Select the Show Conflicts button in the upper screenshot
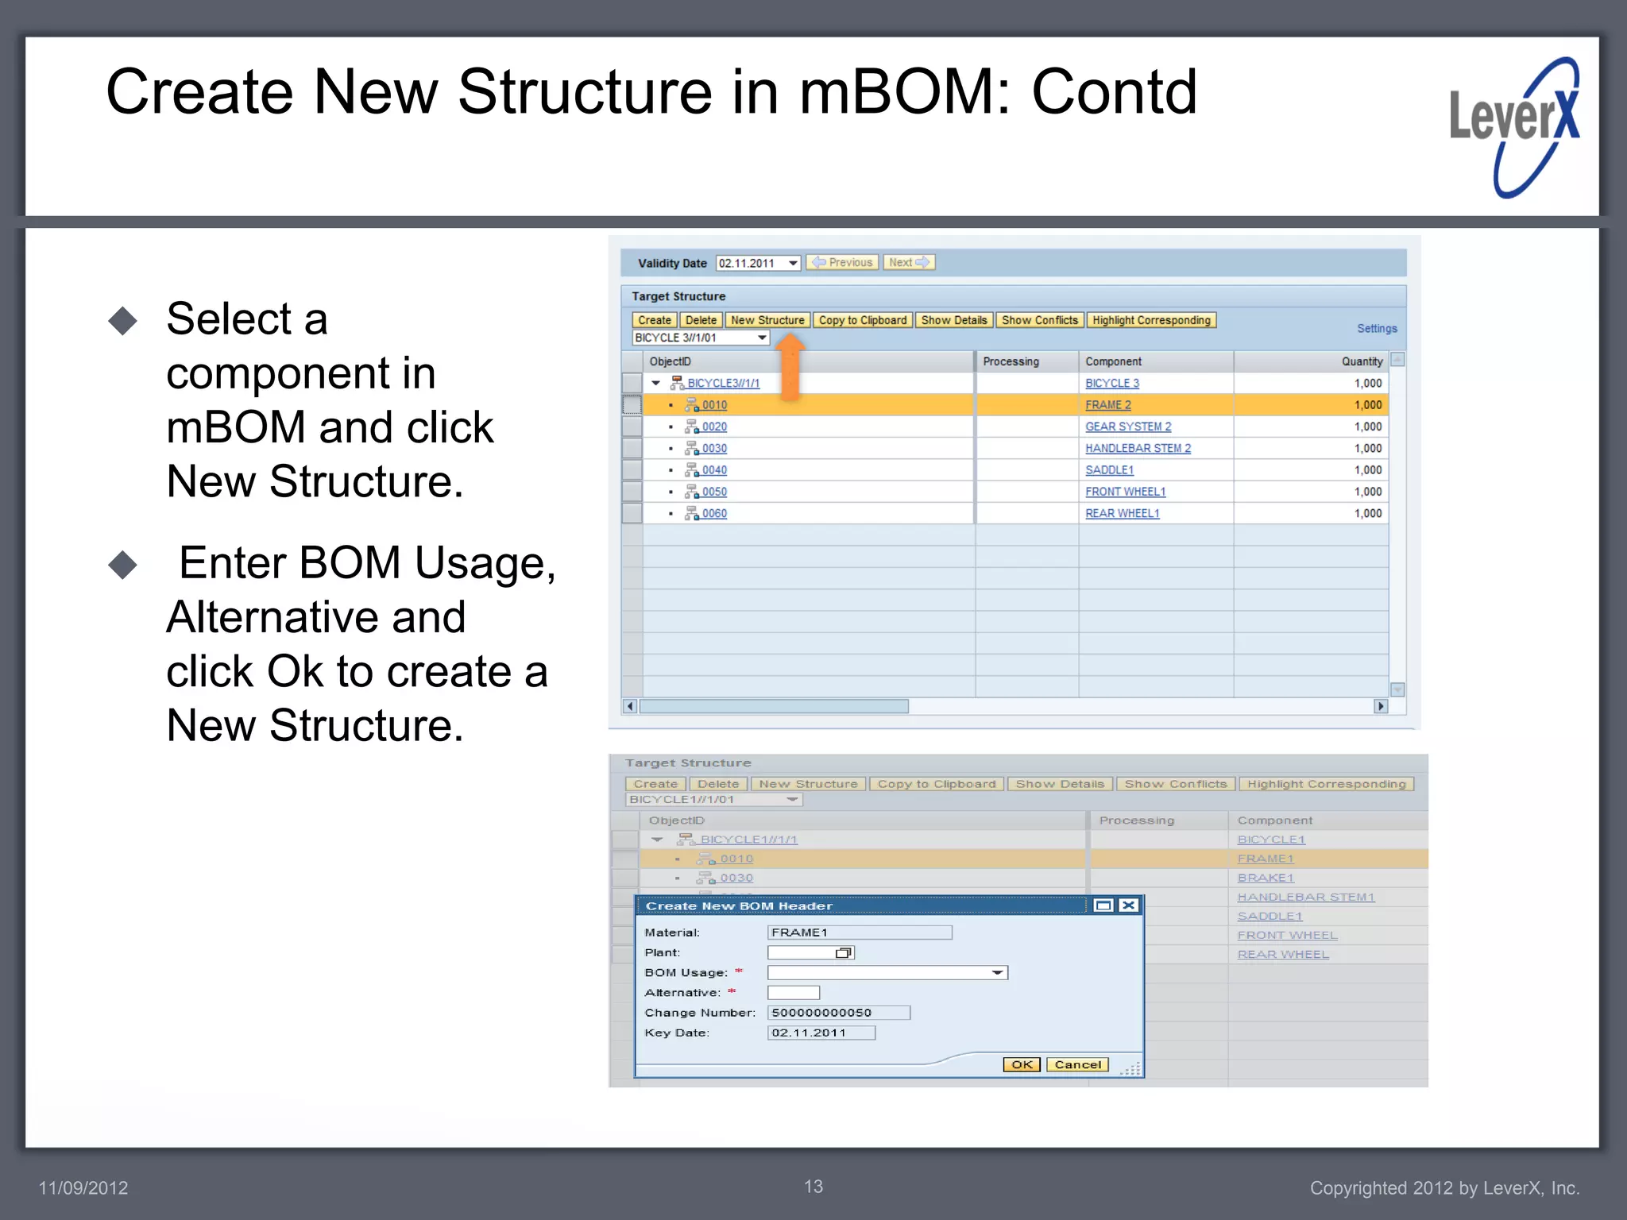[x=1039, y=320]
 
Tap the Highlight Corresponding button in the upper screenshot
[x=1150, y=320]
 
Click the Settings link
[x=1376, y=329]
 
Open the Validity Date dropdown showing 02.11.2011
[x=792, y=263]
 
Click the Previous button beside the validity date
[x=842, y=263]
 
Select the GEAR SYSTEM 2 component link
[x=1127, y=427]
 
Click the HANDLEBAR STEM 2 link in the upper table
[x=1138, y=448]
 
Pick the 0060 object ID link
[x=713, y=514]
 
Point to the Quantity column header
[x=1362, y=361]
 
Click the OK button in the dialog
[x=1022, y=1064]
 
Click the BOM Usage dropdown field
[x=887, y=973]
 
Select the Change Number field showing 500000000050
[x=838, y=1013]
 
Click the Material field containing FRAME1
[x=859, y=932]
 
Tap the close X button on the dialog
[x=1128, y=905]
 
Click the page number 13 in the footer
[x=813, y=1186]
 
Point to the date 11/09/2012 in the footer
[x=83, y=1188]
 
